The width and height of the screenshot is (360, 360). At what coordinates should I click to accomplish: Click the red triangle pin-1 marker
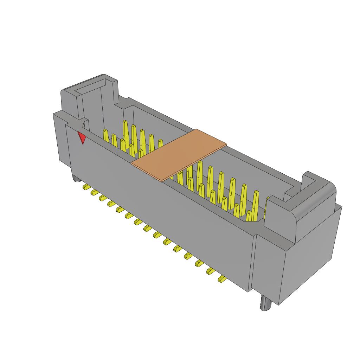click(x=82, y=138)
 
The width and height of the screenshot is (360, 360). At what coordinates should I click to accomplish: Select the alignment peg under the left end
click(x=76, y=179)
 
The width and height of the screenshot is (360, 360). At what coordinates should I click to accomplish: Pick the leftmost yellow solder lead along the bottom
click(x=85, y=187)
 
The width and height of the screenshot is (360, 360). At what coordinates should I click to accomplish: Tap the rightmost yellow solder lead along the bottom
click(x=222, y=279)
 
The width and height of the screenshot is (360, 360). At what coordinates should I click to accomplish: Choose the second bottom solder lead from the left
click(x=94, y=192)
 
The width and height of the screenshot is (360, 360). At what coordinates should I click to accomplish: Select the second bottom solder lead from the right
click(x=211, y=270)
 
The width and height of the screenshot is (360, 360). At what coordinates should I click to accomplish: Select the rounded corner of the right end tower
click(x=329, y=192)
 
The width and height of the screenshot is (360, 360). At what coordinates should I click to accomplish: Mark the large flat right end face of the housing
click(x=309, y=257)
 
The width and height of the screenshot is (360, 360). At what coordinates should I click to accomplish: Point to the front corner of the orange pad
click(x=162, y=181)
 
